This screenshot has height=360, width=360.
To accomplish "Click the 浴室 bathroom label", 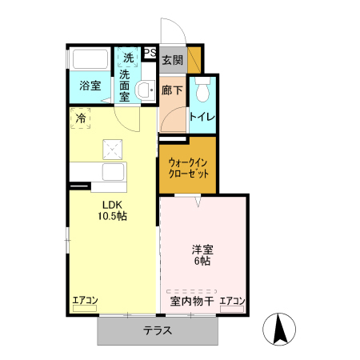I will [90, 86].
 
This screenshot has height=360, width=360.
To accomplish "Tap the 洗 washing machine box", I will [128, 58].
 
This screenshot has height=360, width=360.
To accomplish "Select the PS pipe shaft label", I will [150, 54].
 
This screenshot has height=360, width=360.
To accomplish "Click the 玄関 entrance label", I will [172, 60].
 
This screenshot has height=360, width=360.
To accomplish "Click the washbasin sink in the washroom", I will [145, 90].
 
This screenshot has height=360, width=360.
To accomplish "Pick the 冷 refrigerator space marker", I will [80, 118].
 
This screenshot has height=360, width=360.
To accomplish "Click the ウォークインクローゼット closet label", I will [188, 166].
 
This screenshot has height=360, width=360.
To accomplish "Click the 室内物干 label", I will [192, 302].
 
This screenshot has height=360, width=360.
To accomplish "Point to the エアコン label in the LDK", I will [85, 301].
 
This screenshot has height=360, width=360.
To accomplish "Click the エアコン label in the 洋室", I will [232, 301].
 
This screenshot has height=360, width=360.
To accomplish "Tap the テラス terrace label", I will [158, 330].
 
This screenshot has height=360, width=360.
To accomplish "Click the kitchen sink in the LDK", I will [111, 172].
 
